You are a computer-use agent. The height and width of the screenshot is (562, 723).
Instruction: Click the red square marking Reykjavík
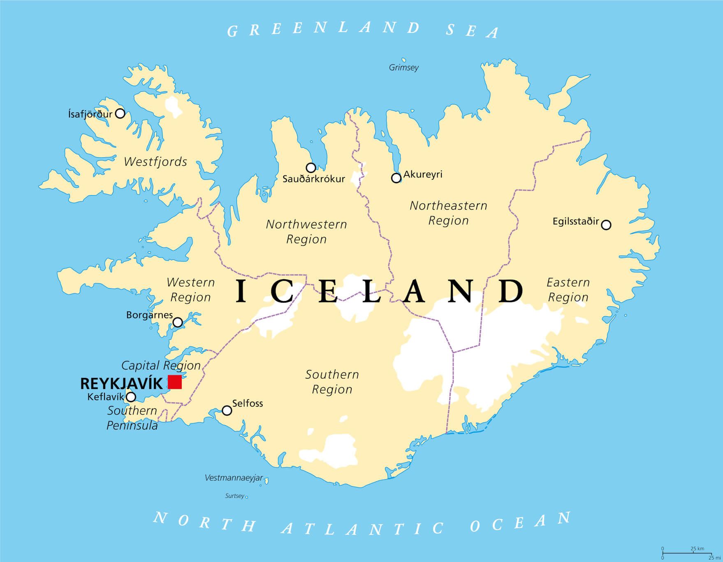pyautogui.click(x=175, y=382)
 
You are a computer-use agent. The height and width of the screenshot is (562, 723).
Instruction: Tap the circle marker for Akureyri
pyautogui.click(x=396, y=178)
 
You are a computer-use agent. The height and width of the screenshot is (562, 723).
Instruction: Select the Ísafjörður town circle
pyautogui.click(x=120, y=113)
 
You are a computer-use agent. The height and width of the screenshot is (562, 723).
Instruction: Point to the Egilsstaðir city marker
pyautogui.click(x=606, y=225)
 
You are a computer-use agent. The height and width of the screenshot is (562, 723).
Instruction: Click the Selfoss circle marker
pyautogui.click(x=227, y=410)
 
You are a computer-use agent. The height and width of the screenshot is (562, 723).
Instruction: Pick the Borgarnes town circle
pyautogui.click(x=178, y=322)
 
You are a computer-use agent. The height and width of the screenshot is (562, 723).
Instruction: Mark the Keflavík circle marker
pyautogui.click(x=131, y=397)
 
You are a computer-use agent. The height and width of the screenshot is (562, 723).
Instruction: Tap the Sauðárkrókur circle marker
pyautogui.click(x=311, y=168)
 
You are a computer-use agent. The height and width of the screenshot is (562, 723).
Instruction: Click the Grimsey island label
pyautogui.click(x=404, y=68)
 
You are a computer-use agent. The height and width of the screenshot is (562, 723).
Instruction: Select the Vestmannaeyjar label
pyautogui.click(x=234, y=478)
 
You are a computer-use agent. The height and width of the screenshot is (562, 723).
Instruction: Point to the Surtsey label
pyautogui.click(x=235, y=496)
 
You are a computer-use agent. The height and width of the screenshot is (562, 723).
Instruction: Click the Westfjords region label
pyautogui.click(x=155, y=162)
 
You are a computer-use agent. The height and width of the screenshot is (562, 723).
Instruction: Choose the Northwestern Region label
pyautogui.click(x=306, y=232)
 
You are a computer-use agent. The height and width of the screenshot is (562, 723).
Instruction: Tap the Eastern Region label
pyautogui.click(x=568, y=290)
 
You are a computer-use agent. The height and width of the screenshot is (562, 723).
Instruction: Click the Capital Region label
pyautogui.click(x=161, y=365)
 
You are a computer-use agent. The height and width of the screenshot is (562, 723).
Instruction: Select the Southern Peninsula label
pyautogui.click(x=132, y=418)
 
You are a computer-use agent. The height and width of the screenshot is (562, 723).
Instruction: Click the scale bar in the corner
pyautogui.click(x=686, y=554)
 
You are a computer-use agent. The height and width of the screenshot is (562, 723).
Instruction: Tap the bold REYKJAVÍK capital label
pyautogui.click(x=121, y=384)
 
